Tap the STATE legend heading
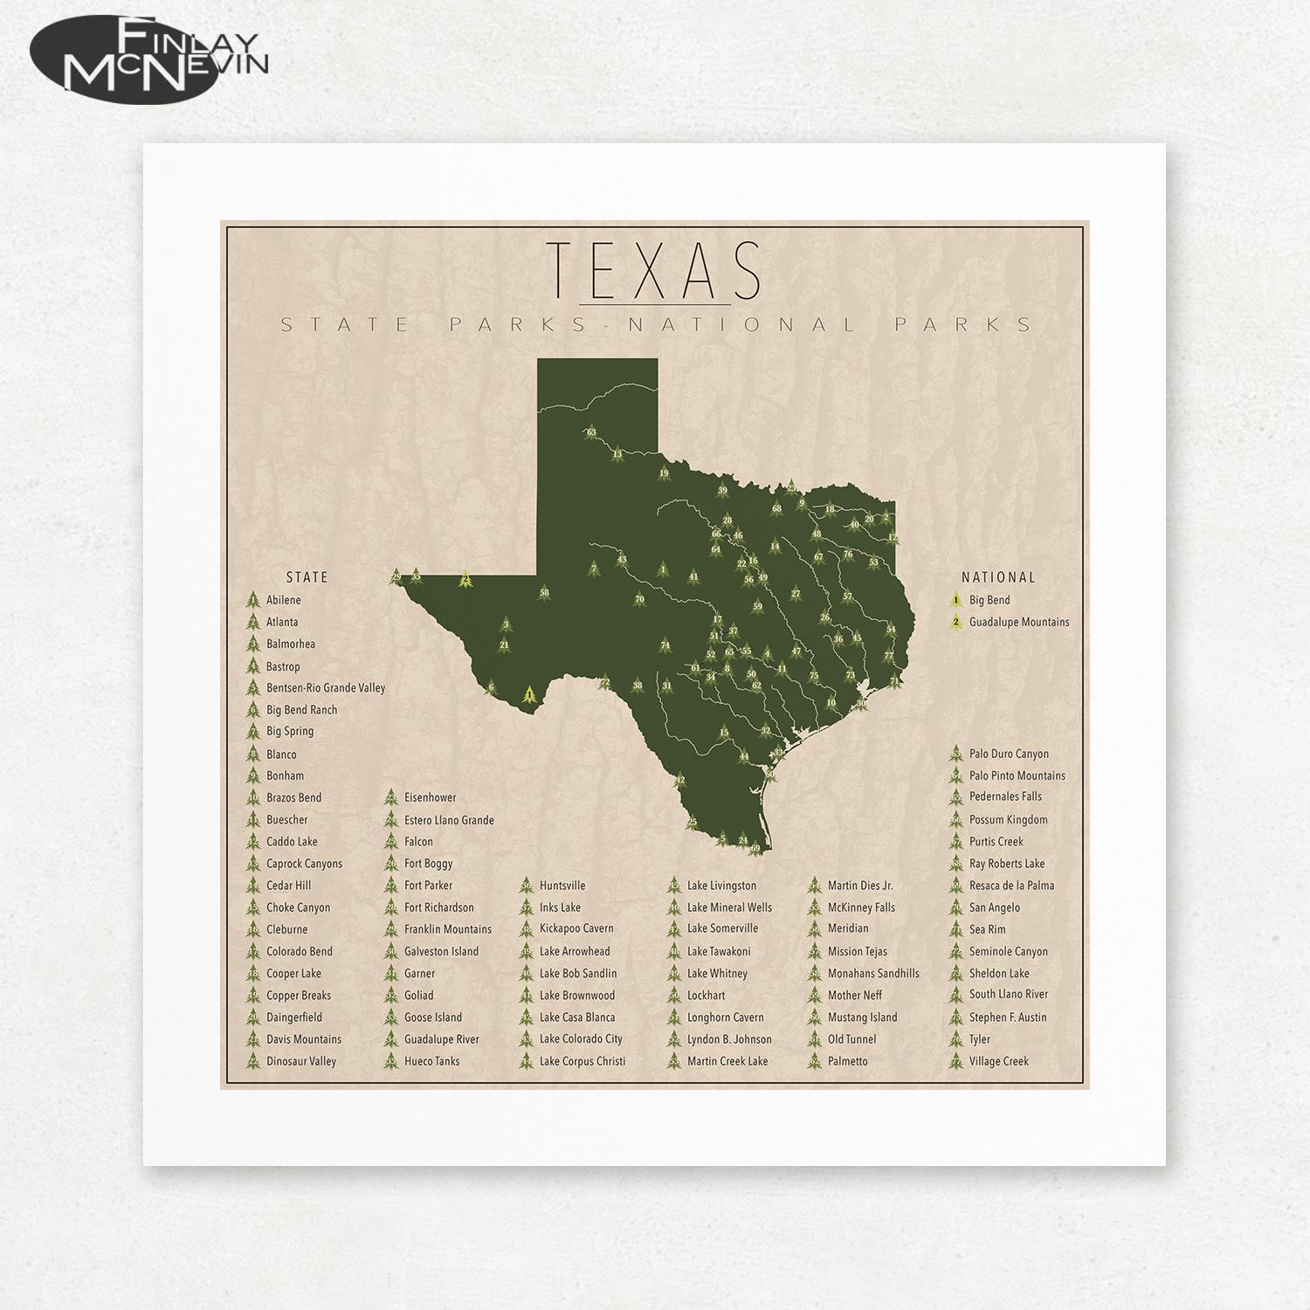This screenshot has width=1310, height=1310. (307, 577)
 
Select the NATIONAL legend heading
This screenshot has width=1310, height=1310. (998, 577)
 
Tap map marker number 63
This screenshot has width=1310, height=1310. (591, 432)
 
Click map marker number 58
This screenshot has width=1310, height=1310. (544, 593)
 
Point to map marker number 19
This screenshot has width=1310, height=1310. (664, 474)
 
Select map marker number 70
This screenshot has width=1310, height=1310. (639, 600)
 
